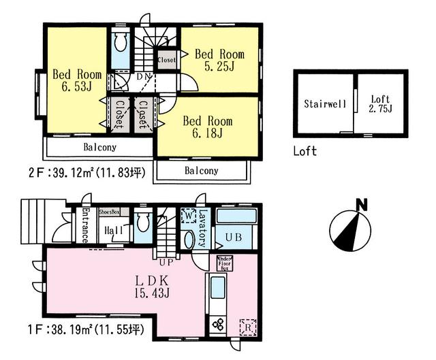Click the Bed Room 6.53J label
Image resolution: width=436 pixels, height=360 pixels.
[78, 80]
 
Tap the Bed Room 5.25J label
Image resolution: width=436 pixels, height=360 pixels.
[219, 60]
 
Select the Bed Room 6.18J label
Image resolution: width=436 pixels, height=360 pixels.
[208, 127]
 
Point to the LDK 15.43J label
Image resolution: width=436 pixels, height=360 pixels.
[156, 285]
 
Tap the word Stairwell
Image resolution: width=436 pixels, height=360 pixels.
[326, 104]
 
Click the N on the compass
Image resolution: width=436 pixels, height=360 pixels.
[362, 203]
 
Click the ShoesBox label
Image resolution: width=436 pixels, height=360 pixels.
[110, 212]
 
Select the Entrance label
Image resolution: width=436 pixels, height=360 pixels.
[84, 226]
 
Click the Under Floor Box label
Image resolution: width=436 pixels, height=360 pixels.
[225, 263]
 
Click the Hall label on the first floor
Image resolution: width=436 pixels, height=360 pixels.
[113, 231]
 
